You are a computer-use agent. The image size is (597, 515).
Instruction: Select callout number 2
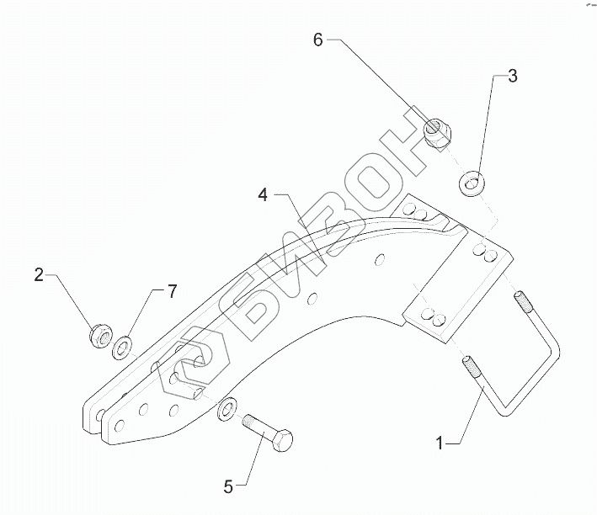(39, 274)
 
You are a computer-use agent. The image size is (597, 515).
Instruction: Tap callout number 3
(512, 77)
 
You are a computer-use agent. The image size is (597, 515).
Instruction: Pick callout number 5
(228, 486)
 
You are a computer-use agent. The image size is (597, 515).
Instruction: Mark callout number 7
(172, 292)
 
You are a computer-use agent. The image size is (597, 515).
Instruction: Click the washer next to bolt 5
(226, 411)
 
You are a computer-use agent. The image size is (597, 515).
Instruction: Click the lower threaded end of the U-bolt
(470, 369)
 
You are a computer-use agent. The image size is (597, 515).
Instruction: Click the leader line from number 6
(379, 84)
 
